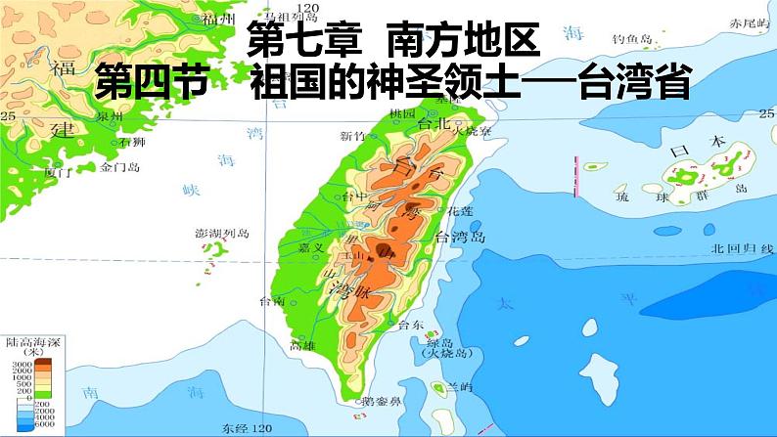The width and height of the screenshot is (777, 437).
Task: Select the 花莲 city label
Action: [459, 210]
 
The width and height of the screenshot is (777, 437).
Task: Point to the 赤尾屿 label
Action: [749, 21]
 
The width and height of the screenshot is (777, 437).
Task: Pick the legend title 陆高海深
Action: [33, 340]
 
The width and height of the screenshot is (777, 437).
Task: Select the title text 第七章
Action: [304, 41]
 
